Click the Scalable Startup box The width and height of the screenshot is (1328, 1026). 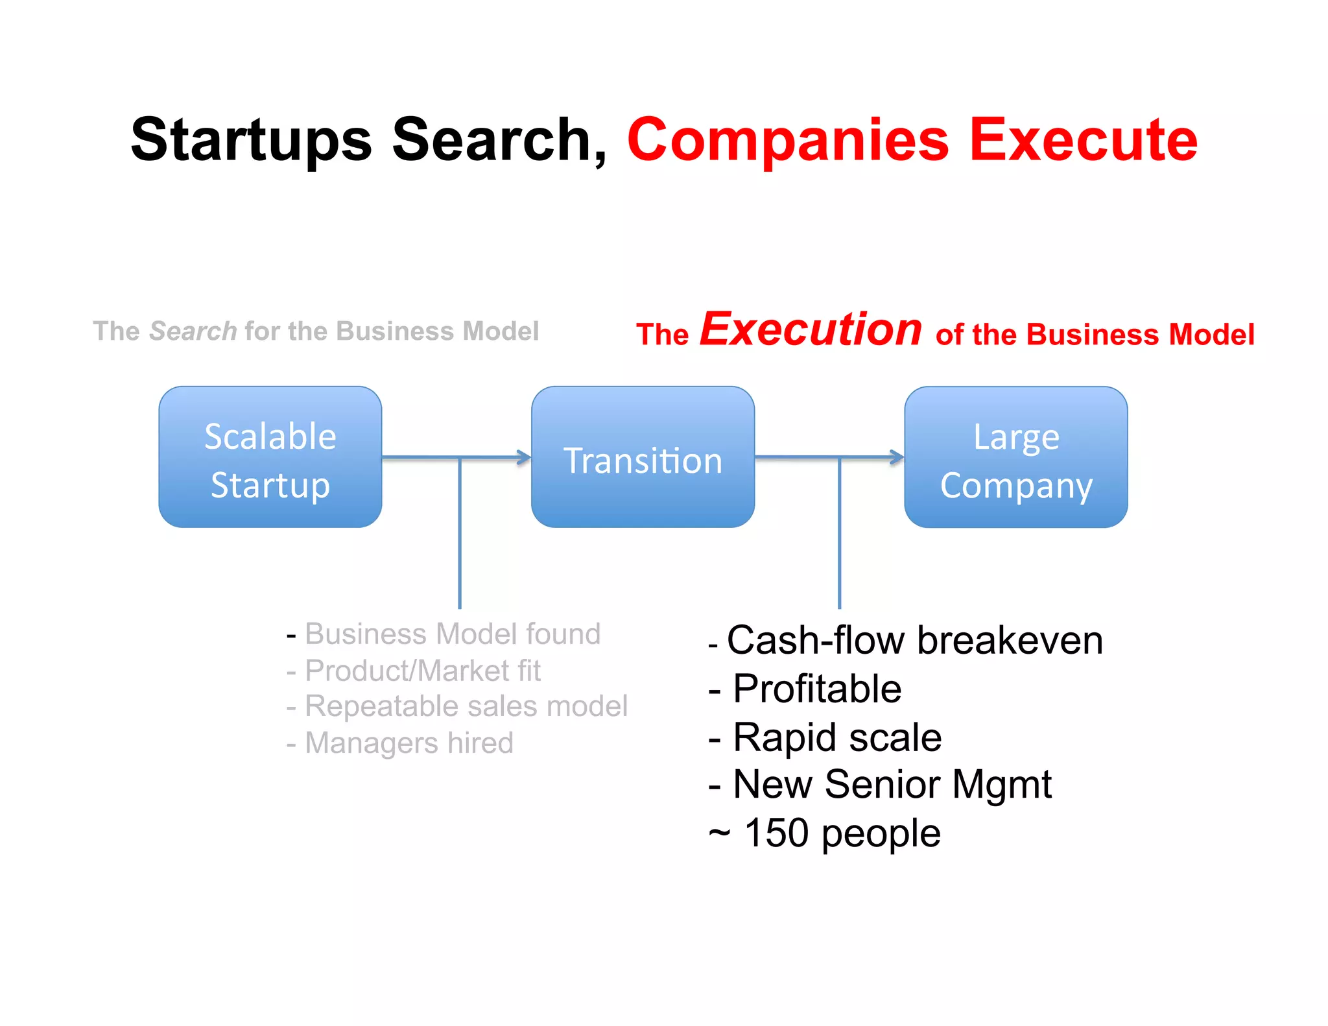270,457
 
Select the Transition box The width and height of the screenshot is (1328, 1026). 643,457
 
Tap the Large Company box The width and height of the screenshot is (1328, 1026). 1015,457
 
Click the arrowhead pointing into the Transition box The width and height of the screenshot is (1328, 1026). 524,457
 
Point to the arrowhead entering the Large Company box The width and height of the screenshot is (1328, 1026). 897,457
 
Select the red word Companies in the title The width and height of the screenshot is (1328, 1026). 788,139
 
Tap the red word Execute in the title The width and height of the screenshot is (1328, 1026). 1083,139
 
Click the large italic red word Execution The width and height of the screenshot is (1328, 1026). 811,329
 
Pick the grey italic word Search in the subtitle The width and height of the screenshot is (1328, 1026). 193,331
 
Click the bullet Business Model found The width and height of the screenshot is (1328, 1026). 452,634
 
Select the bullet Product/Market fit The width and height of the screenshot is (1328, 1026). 422,671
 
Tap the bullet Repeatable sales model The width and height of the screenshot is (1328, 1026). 466,706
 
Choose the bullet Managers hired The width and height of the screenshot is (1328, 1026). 409,743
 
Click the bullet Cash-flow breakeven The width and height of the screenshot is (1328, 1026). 914,641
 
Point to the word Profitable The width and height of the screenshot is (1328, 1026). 817,689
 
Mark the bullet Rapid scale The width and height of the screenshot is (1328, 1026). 836,737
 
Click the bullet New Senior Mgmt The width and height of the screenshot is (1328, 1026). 892,785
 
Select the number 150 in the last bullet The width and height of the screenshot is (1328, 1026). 776,833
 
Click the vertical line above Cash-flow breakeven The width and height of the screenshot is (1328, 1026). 839,532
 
